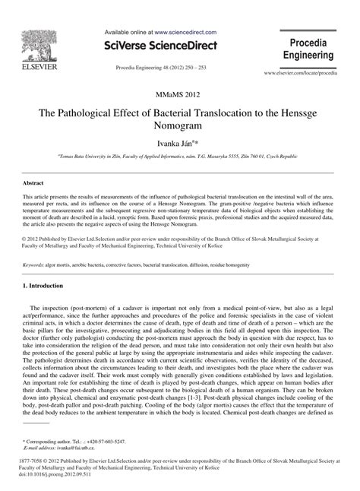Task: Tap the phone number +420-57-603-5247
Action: coord(103,441)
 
